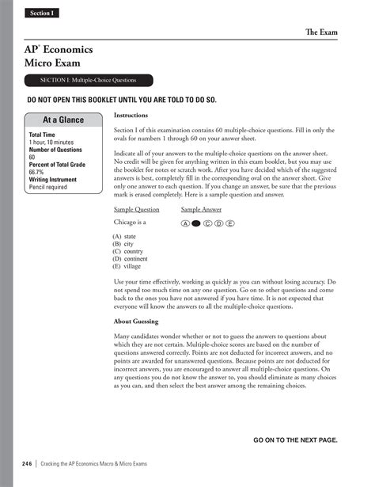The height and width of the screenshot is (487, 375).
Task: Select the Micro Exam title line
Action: click(52, 63)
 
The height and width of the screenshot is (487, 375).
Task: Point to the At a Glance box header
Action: click(62, 120)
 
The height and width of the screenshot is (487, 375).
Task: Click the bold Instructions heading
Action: click(131, 116)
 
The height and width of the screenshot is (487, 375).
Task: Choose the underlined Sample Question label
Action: click(137, 210)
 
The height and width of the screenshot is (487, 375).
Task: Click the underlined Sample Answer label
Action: click(201, 210)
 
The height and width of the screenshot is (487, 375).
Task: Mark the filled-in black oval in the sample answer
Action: click(196, 224)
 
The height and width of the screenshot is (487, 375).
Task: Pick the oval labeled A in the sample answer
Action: click(185, 224)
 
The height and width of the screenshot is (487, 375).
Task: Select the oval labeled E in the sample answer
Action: click(230, 224)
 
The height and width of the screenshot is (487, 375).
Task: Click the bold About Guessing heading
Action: click(137, 321)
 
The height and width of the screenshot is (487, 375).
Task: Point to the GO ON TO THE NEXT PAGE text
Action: click(295, 439)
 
